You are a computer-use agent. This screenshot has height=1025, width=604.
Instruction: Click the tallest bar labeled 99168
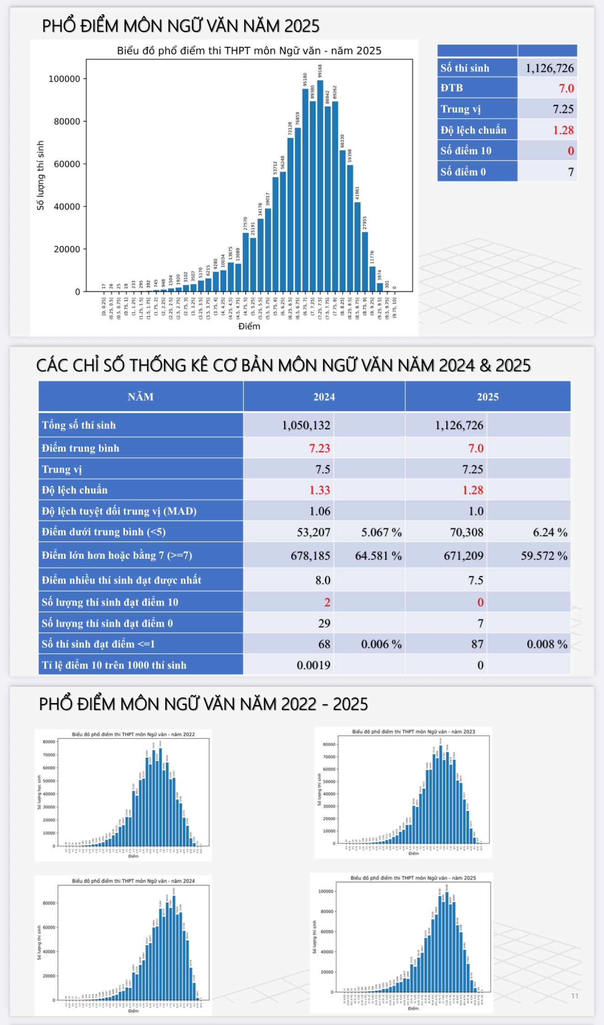tap(320, 185)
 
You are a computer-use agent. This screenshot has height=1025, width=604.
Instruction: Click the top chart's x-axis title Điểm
tap(249, 326)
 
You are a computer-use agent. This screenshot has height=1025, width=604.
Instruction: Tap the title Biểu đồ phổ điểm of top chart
tap(249, 50)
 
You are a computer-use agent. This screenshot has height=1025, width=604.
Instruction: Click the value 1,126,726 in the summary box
tap(549, 68)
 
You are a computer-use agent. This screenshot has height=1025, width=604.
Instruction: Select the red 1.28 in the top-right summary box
tap(563, 130)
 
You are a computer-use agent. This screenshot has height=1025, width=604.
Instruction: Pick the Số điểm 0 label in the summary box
tap(463, 172)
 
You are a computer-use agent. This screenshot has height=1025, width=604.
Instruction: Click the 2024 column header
tap(324, 397)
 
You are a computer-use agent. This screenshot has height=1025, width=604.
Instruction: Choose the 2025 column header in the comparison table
tap(488, 397)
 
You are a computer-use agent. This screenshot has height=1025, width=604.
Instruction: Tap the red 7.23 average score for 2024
tap(319, 448)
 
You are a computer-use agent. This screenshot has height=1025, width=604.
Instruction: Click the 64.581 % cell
tap(378, 556)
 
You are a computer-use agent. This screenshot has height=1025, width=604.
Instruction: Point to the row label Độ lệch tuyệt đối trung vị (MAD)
tap(119, 511)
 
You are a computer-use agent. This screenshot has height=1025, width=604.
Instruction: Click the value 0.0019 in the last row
tap(313, 665)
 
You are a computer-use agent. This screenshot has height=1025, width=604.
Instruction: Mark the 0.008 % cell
tap(547, 644)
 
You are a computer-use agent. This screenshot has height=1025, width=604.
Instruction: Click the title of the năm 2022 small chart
tap(133, 734)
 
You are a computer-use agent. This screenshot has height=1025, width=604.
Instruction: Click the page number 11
tap(575, 996)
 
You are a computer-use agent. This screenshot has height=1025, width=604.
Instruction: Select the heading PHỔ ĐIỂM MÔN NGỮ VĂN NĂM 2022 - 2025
tap(203, 704)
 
